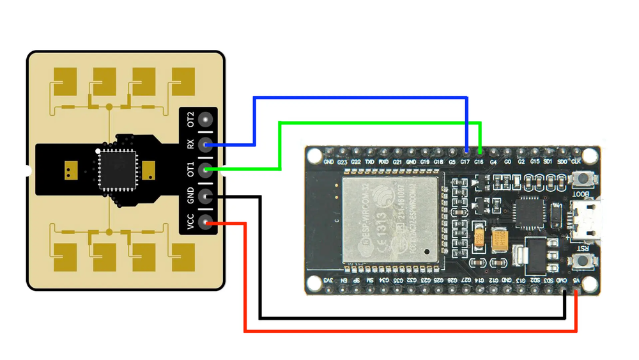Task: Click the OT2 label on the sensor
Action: pyautogui.click(x=190, y=120)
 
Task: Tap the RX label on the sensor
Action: pyautogui.click(x=190, y=145)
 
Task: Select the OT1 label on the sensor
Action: pyautogui.click(x=190, y=170)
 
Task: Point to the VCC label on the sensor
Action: pyautogui.click(x=190, y=222)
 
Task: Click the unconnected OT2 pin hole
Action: pyautogui.click(x=206, y=120)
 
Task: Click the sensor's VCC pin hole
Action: pyautogui.click(x=206, y=222)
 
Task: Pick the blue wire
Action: pyautogui.click(x=358, y=98)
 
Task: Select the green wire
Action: pyautogui.click(x=377, y=121)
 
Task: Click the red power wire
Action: pyautogui.click(x=409, y=331)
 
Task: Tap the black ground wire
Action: pyautogui.click(x=409, y=318)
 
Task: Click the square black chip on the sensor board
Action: pyautogui.click(x=118, y=169)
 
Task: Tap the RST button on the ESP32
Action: pyautogui.click(x=582, y=260)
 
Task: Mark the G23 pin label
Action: pyautogui.click(x=343, y=162)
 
